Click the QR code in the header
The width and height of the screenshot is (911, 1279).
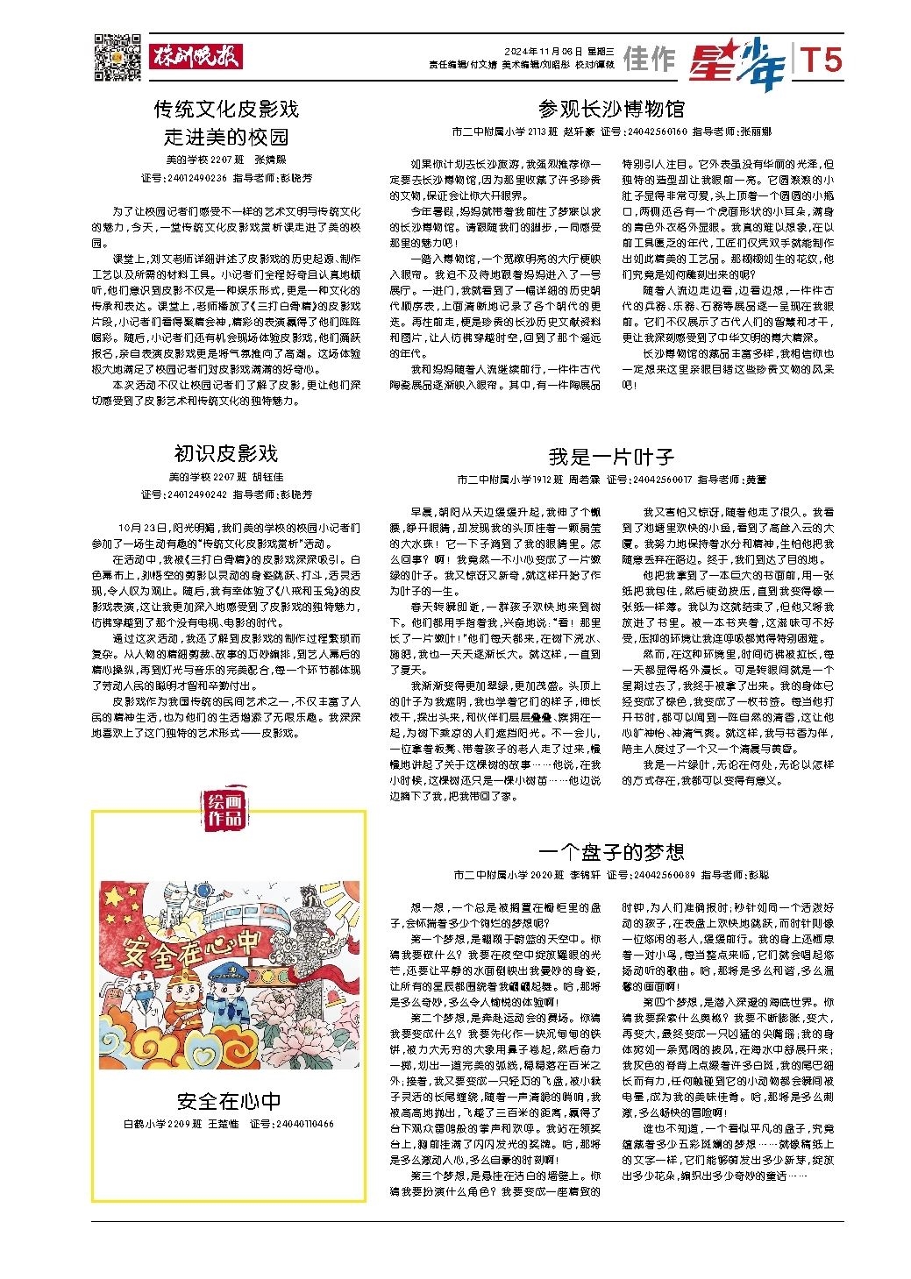(x=117, y=53)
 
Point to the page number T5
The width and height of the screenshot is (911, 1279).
(x=822, y=60)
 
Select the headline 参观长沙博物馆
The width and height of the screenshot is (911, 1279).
(x=611, y=109)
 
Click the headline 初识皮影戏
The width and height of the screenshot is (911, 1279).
(x=225, y=453)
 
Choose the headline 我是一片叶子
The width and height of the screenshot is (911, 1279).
(x=611, y=456)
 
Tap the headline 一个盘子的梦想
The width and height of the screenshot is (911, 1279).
(x=611, y=851)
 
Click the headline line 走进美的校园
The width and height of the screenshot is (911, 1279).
(x=226, y=137)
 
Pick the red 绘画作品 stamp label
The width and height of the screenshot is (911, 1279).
(x=224, y=809)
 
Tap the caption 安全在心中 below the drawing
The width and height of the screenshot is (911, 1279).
(x=228, y=1101)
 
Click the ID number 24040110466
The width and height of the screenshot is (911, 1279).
(x=303, y=1123)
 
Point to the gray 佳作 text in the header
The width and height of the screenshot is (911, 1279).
(x=650, y=60)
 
